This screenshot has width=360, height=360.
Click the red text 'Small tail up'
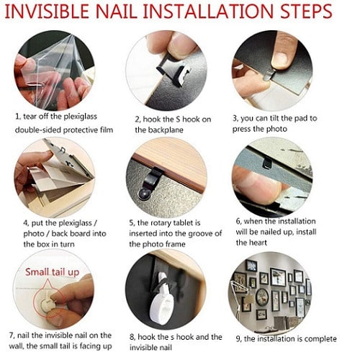[52, 272]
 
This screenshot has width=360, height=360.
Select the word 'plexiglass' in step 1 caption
[80, 117]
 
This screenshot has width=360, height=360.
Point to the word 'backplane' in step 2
[166, 130]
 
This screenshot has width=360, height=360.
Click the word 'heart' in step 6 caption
[258, 243]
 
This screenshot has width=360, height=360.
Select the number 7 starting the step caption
[12, 336]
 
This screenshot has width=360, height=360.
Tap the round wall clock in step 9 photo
[262, 297]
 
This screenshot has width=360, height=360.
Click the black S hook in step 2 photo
[174, 71]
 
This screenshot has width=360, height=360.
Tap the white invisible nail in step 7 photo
[47, 304]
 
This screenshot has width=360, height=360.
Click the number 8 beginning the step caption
[132, 337]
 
